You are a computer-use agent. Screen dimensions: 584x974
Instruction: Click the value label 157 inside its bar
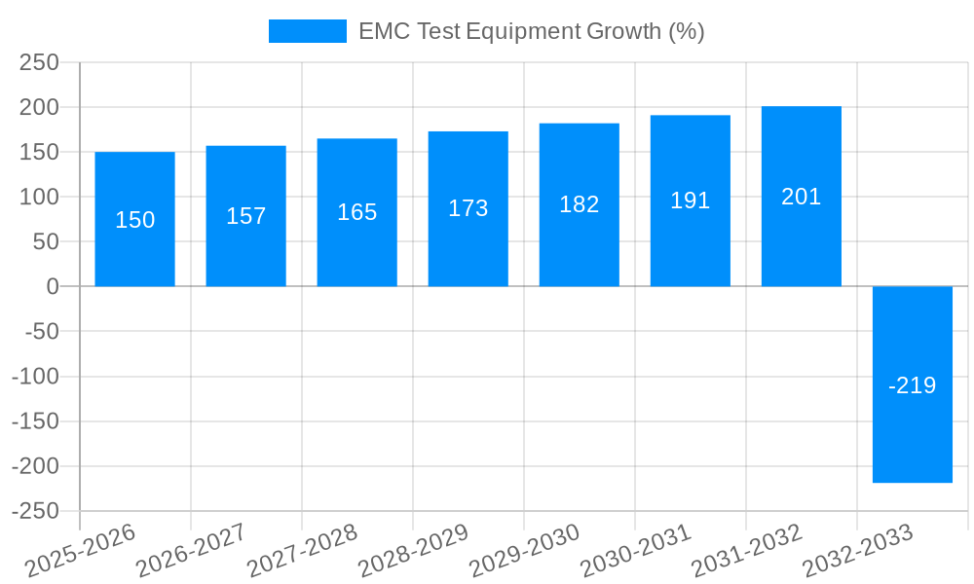click(245, 216)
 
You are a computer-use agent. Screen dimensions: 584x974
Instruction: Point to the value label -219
click(913, 385)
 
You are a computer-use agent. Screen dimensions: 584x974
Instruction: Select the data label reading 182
click(580, 204)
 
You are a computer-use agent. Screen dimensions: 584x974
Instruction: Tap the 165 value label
click(357, 212)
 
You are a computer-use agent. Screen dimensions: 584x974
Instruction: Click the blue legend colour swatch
click(307, 31)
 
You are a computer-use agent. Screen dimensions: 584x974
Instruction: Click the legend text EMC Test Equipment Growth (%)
click(531, 31)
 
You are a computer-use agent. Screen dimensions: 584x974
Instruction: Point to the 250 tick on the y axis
click(40, 62)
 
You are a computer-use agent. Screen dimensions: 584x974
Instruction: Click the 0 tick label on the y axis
click(53, 286)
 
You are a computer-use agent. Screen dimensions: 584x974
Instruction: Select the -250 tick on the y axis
click(35, 511)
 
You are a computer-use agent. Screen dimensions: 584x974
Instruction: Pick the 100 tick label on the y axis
click(40, 197)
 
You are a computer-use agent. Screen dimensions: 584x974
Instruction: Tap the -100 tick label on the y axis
click(35, 377)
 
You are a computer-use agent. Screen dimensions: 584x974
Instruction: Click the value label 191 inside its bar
click(691, 201)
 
